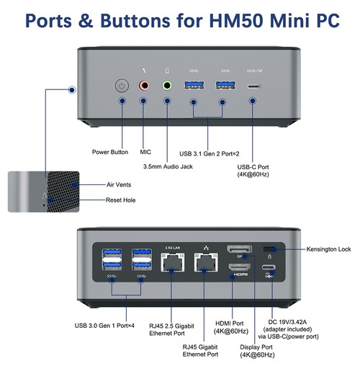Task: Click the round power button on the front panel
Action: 122,86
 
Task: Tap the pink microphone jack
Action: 144,85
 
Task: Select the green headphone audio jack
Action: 167,85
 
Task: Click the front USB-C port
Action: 254,86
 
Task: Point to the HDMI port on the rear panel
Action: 239,267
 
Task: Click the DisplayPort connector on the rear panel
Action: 239,249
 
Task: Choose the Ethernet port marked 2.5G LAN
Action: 173,262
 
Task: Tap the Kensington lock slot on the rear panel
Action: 269,249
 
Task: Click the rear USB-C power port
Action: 269,267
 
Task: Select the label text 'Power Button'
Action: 110,152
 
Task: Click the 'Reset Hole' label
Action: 120,200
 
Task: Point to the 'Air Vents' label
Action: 119,184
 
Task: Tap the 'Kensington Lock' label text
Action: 328,249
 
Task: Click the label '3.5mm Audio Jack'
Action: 168,166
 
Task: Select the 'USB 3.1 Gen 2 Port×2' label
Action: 210,153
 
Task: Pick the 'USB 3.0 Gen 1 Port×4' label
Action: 104,326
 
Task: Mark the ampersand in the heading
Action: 86,21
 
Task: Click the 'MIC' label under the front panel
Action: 145,152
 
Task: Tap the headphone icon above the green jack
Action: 167,71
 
